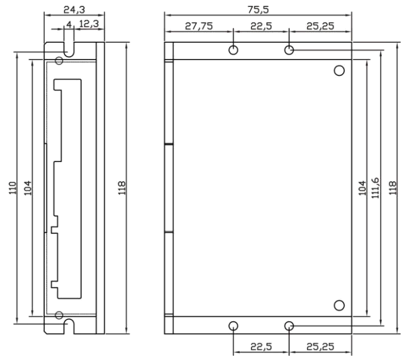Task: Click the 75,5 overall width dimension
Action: [x=258, y=10]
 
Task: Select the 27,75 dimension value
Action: [x=199, y=26]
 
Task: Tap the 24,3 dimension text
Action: [x=74, y=10]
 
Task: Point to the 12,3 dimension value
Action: [x=89, y=24]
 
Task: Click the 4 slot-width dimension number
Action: [x=69, y=24]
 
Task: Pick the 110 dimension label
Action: [x=13, y=188]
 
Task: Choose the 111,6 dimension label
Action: [x=375, y=188]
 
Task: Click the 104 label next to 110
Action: [x=27, y=188]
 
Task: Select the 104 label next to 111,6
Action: [x=362, y=188]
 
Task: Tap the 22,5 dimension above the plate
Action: [x=261, y=26]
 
